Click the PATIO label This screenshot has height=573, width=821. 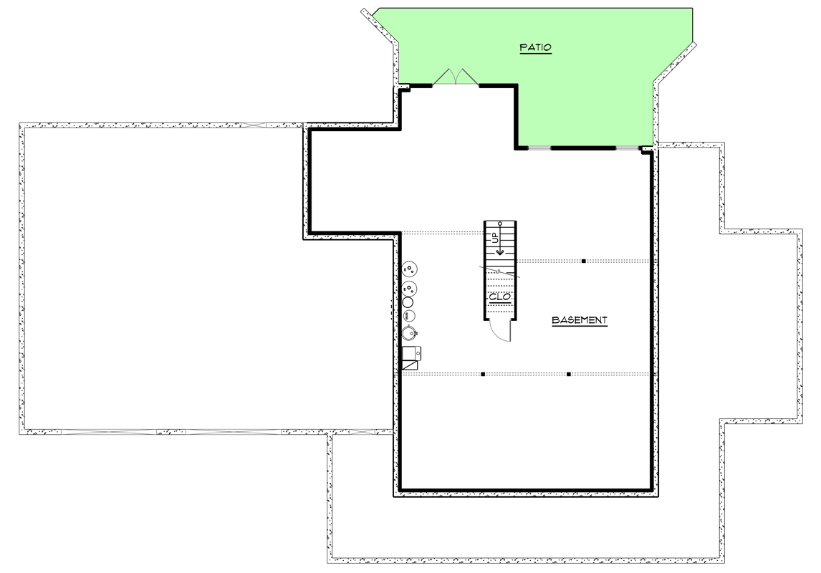coord(535,48)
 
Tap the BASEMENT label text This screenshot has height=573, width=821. coord(580,320)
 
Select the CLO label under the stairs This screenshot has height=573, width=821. coord(499,297)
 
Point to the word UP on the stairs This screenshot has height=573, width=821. coord(494,238)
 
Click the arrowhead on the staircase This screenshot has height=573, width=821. coord(500,251)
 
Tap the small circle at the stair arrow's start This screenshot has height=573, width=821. coord(500,223)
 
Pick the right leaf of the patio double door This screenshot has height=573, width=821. coord(465,77)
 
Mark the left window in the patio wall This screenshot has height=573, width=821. coord(538,148)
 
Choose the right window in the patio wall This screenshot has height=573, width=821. coord(627,148)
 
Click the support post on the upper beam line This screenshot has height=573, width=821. coord(584,261)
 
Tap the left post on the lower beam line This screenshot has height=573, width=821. coord(484,374)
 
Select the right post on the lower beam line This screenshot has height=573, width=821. coord(568,374)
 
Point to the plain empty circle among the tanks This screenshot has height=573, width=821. coord(408,302)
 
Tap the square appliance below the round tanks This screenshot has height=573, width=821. coord(411,353)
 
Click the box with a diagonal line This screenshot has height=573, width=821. coord(410,365)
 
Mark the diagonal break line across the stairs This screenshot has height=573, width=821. coord(500,271)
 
